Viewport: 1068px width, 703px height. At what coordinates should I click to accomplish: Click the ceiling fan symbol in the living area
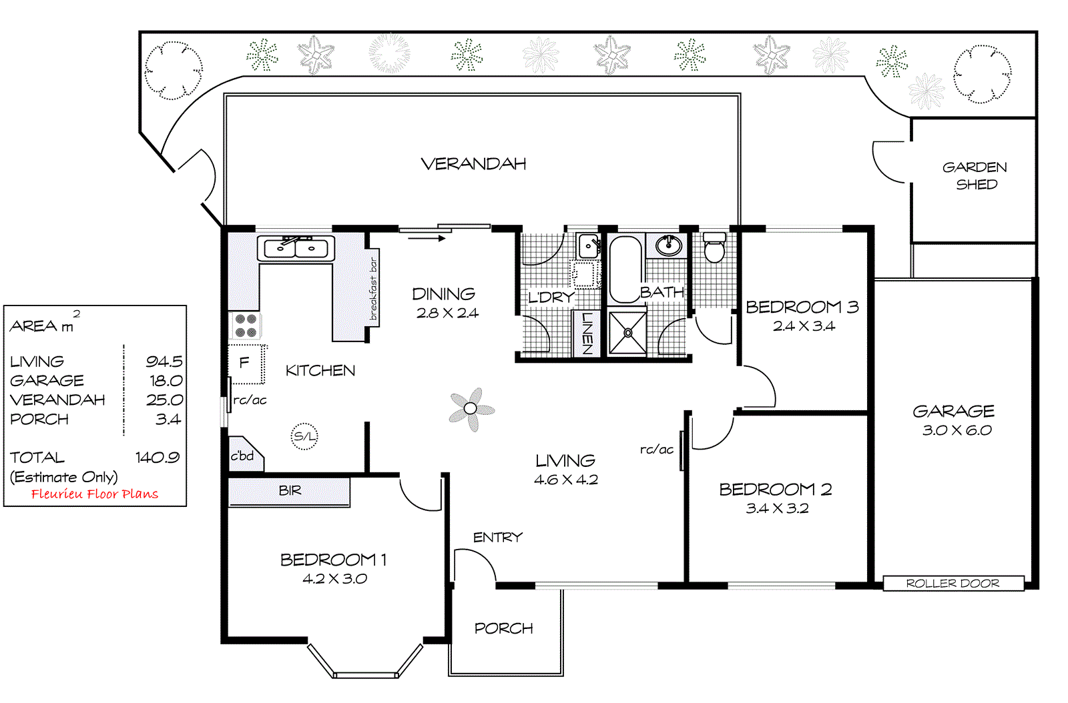[x=471, y=409]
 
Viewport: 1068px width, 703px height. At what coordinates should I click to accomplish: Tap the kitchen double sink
[x=296, y=248]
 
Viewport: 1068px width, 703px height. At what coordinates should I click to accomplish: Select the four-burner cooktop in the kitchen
[x=246, y=325]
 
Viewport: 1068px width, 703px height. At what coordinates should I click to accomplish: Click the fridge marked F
[x=245, y=363]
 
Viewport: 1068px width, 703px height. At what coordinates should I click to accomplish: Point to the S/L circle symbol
[x=304, y=436]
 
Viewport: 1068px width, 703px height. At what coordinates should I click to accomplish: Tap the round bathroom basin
[x=667, y=245]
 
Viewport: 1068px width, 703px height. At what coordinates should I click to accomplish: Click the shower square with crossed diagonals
[x=627, y=332]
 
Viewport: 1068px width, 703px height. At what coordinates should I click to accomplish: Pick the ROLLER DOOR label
[x=953, y=584]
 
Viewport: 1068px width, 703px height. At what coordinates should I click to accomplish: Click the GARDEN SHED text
[x=975, y=175]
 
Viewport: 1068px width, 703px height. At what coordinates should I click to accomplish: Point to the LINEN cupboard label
[x=587, y=333]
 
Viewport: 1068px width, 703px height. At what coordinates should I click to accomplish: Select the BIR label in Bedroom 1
[x=290, y=491]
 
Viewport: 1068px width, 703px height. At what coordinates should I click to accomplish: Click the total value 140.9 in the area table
[x=158, y=458]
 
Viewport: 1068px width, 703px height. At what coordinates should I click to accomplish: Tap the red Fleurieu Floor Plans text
[x=95, y=494]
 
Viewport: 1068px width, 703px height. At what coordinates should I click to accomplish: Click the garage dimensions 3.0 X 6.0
[x=957, y=430]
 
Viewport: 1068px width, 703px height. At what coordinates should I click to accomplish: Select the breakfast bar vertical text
[x=373, y=288]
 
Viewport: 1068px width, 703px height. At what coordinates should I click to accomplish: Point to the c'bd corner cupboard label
[x=242, y=456]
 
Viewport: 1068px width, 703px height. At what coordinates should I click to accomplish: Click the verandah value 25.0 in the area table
[x=164, y=400]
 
